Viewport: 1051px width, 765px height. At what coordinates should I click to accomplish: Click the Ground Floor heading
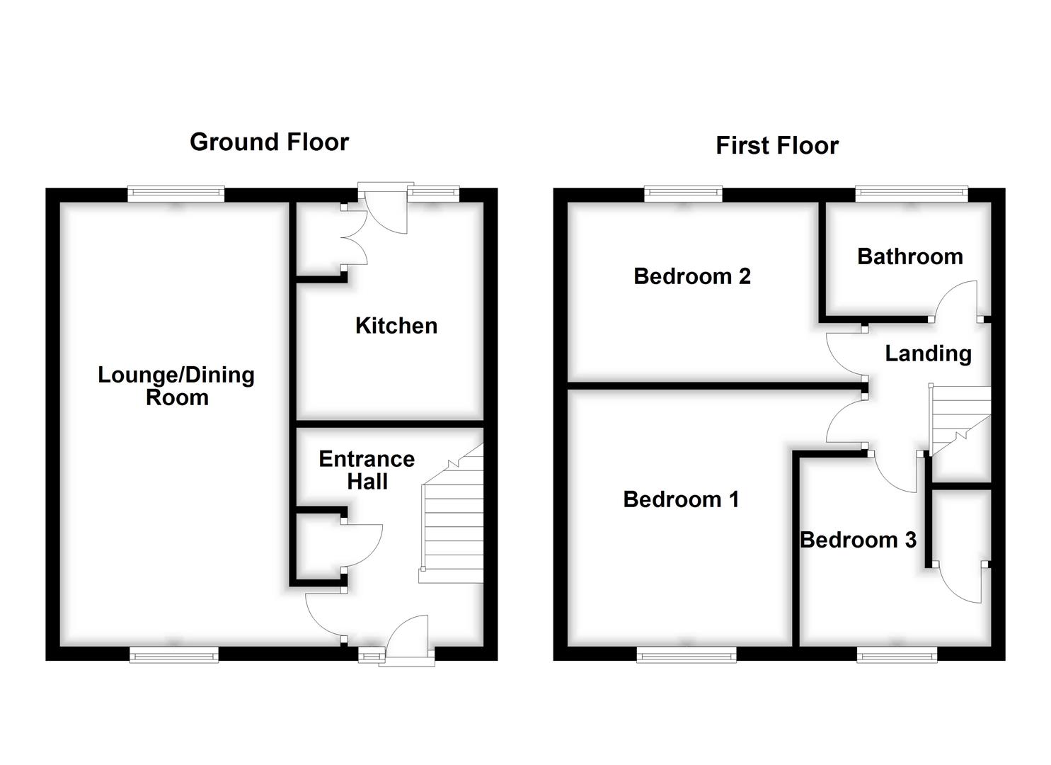pos(269,142)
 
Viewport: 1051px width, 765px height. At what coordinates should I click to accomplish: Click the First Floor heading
pos(776,146)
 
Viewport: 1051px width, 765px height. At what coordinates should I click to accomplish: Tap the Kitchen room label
pos(396,326)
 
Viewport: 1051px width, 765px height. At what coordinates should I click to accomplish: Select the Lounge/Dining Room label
pos(176,386)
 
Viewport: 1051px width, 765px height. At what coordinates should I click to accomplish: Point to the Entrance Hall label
pos(367,470)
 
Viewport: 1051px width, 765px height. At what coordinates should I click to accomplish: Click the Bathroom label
pos(909,256)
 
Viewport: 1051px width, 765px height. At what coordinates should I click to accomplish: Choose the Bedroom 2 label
pos(691,276)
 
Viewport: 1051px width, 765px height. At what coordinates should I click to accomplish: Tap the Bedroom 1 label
pos(681,499)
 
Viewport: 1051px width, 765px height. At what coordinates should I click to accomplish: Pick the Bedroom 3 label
pos(858,540)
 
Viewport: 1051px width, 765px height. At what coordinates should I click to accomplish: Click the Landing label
pos(928,353)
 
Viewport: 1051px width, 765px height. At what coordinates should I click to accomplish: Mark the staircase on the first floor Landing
pos(959,420)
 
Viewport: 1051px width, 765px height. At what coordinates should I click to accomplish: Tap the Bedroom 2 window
pos(683,193)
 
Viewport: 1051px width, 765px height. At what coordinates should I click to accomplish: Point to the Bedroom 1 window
pos(686,655)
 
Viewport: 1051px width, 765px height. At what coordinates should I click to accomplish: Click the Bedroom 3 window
pos(897,655)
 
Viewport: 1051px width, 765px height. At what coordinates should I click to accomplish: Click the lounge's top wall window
pos(176,193)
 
